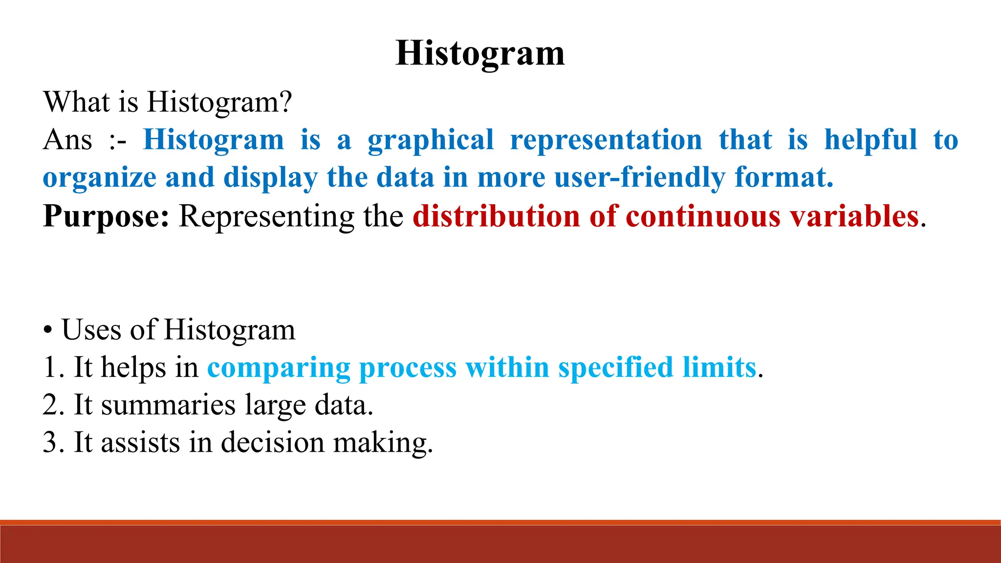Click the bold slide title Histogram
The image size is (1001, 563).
click(x=480, y=53)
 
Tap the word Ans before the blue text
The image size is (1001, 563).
click(x=67, y=140)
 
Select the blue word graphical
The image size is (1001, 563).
click(x=431, y=141)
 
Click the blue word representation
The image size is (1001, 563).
click(x=606, y=141)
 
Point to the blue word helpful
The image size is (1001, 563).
click(x=870, y=140)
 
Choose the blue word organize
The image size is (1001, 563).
click(x=99, y=178)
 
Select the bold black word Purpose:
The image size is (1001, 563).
click(x=106, y=216)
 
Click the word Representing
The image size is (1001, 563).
click(x=266, y=216)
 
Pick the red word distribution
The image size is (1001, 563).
click(x=496, y=216)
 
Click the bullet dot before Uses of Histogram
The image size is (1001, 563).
click(x=47, y=331)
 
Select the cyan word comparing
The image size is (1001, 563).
click(x=279, y=368)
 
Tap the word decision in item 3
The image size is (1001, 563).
click(x=272, y=442)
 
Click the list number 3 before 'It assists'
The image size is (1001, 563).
click(x=50, y=442)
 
